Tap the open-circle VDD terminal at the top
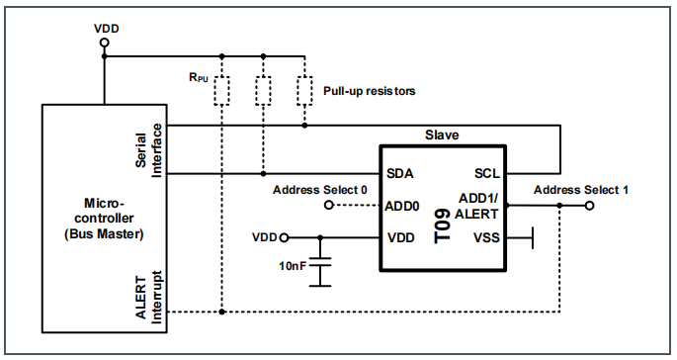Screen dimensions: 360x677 [x=105, y=42]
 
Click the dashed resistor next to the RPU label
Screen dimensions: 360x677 [x=224, y=90]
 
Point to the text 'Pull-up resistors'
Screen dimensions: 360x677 [x=369, y=91]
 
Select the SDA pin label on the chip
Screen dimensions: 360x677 [x=400, y=173]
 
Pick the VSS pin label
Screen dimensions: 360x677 [x=487, y=237]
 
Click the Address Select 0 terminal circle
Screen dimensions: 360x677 [x=327, y=206]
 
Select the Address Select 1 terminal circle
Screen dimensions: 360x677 [x=590, y=206]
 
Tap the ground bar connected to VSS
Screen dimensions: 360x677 [x=533, y=237]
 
